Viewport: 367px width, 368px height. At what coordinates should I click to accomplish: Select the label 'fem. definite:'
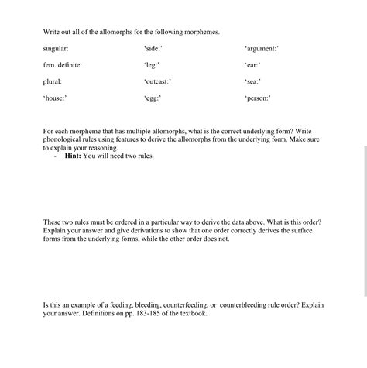(63, 65)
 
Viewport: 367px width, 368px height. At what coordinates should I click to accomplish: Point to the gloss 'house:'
(56, 98)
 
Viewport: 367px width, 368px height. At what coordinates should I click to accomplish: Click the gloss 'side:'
(153, 49)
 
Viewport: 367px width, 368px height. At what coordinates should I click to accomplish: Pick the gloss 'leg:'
(152, 65)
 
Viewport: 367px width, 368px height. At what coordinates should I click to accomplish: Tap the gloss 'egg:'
(153, 98)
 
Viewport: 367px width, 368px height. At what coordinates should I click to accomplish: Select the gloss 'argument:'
(262, 49)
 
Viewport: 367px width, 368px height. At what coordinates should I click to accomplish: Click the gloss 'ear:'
(252, 65)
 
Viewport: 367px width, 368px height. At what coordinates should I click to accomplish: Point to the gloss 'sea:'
(252, 81)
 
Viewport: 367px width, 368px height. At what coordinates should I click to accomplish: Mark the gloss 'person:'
(258, 98)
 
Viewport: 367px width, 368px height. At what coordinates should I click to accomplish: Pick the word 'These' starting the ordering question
(52, 222)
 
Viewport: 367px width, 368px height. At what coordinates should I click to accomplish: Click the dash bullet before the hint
(56, 156)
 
